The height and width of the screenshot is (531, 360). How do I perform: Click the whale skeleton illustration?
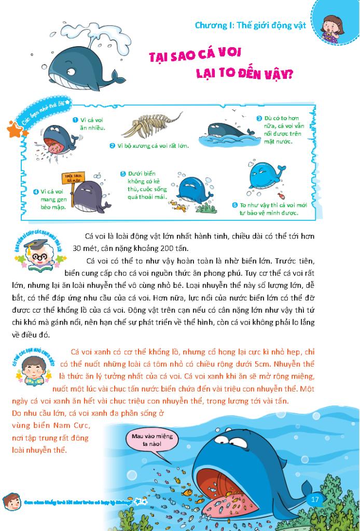coord(154,127)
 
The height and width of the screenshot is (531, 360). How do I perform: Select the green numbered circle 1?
coord(75,119)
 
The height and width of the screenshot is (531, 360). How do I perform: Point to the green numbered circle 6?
coord(235,205)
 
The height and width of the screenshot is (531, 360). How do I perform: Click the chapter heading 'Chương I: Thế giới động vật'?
coord(250,24)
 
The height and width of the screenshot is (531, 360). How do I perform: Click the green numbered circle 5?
coord(123,174)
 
